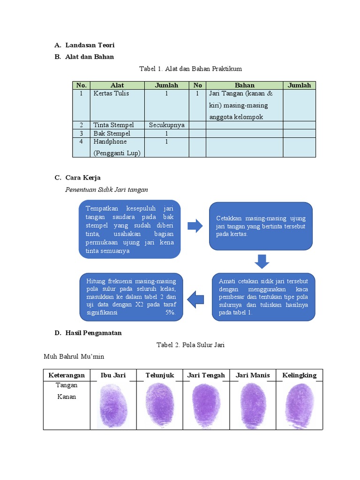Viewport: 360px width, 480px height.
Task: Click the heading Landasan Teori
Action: pyautogui.click(x=90, y=45)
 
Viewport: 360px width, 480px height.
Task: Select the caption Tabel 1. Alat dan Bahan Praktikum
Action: pyautogui.click(x=190, y=69)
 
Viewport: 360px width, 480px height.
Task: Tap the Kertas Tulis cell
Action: pyautogui.click(x=111, y=93)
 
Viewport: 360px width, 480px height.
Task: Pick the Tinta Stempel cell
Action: pyautogui.click(x=113, y=125)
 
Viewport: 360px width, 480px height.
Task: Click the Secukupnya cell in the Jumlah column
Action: pyautogui.click(x=166, y=125)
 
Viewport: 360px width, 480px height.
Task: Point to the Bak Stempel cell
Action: pyautogui.click(x=111, y=134)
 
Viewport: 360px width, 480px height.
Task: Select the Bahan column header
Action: pyautogui.click(x=244, y=85)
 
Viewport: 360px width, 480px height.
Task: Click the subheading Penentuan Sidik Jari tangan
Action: pyautogui.click(x=106, y=189)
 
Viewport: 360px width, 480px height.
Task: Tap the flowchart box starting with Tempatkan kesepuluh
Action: pyautogui.click(x=130, y=230)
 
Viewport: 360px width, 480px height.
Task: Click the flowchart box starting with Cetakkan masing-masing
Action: pyautogui.click(x=261, y=226)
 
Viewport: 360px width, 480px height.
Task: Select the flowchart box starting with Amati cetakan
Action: pyautogui.click(x=263, y=297)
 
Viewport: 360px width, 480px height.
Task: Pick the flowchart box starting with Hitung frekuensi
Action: pyautogui.click(x=131, y=297)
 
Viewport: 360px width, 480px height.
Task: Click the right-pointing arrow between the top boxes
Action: pyautogui.click(x=195, y=226)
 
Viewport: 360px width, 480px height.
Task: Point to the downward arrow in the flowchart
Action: pyautogui.click(x=262, y=262)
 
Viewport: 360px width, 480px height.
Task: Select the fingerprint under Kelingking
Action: pyautogui.click(x=299, y=404)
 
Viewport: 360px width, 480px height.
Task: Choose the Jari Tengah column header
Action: pyautogui.click(x=206, y=375)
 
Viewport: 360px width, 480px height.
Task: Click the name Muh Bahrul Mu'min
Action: pyautogui.click(x=74, y=357)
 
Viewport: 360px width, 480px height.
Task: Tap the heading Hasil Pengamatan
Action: pyautogui.click(x=93, y=333)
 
